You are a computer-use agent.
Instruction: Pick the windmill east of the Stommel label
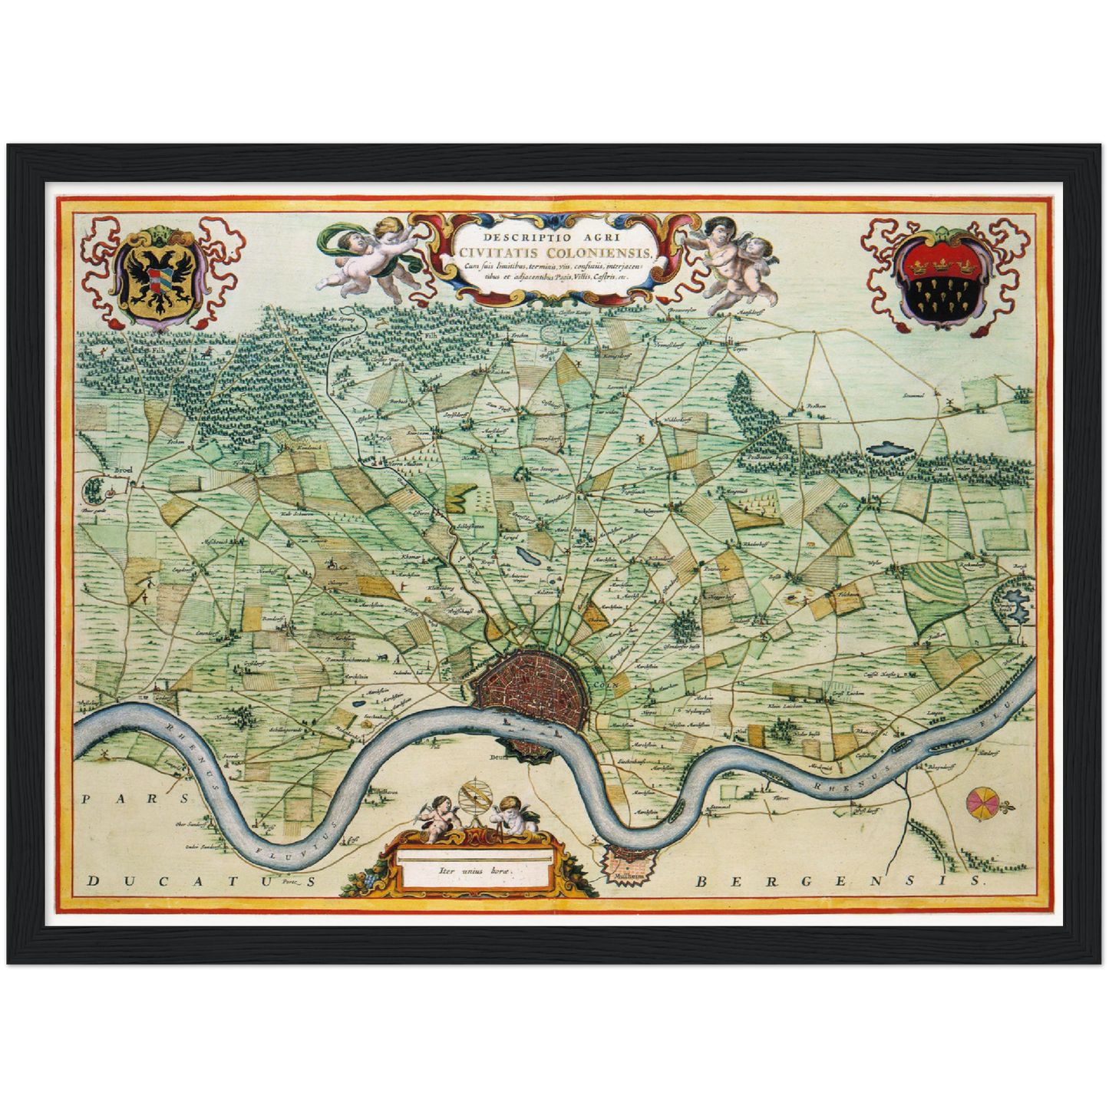click(949, 402)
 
